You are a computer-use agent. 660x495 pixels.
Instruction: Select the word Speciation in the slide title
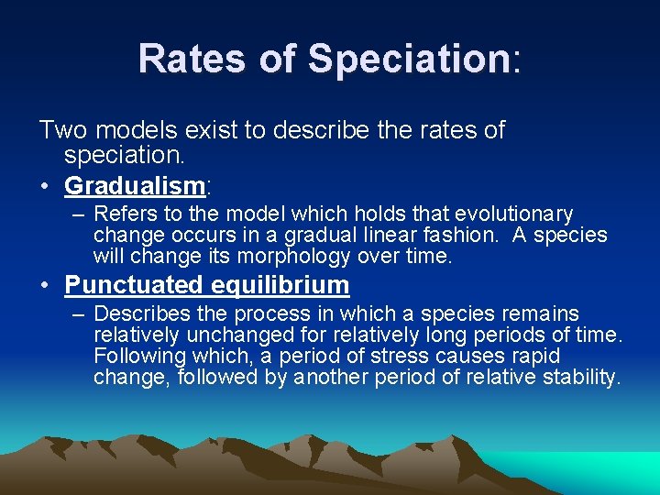[408, 60]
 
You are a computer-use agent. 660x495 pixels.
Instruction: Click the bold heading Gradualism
[134, 186]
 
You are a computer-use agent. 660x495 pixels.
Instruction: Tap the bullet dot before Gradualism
[45, 187]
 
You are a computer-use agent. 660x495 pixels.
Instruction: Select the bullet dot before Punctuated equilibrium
[45, 286]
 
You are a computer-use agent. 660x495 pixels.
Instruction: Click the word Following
[139, 356]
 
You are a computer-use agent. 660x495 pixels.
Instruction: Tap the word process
[287, 314]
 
